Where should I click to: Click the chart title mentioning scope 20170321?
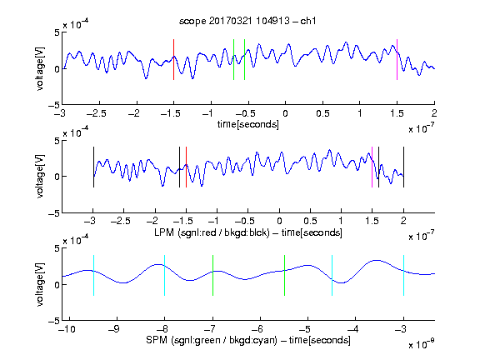tap(247, 21)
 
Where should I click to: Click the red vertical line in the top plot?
tap(173, 59)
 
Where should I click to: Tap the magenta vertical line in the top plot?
tap(397, 59)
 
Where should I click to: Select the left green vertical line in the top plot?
tap(233, 59)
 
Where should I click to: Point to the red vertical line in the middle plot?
tap(186, 167)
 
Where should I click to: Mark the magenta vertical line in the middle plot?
tap(372, 167)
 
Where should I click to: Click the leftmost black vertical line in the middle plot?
tap(93, 167)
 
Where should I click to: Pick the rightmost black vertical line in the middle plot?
tap(403, 167)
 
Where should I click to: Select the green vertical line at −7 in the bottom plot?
tap(212, 275)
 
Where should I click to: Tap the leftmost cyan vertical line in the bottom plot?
tap(93, 275)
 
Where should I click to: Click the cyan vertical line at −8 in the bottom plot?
tap(164, 275)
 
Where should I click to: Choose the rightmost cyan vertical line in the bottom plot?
tap(403, 275)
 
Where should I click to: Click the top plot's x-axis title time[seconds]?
tap(248, 125)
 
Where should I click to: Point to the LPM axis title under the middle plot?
tap(248, 232)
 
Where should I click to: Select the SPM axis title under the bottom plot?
tap(248, 340)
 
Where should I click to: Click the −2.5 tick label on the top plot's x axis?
tap(97, 113)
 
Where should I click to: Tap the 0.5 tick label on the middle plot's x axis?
tap(310, 221)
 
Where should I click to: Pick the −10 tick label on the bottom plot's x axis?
tap(67, 329)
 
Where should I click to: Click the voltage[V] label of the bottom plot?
tap(40, 284)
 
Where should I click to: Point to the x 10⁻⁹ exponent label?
tap(421, 344)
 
